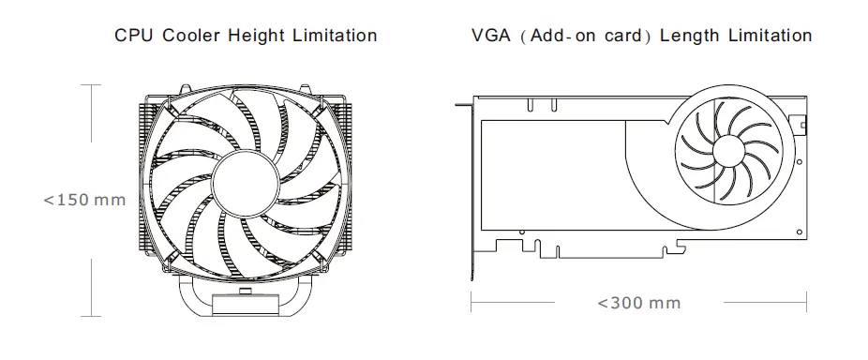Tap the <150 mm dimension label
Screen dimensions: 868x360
pyautogui.click(x=84, y=200)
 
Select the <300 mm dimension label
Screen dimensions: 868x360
pyautogui.click(x=638, y=303)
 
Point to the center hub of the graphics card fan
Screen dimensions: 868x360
pyautogui.click(x=733, y=152)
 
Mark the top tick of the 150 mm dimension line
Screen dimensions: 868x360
pyautogui.click(x=90, y=84)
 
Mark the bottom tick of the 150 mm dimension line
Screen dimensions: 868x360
pyautogui.click(x=90, y=316)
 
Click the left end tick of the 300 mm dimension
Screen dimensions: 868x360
pyautogui.click(x=471, y=303)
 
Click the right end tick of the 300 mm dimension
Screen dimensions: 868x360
pyautogui.click(x=807, y=303)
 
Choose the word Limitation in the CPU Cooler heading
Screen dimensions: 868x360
pyautogui.click(x=333, y=36)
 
